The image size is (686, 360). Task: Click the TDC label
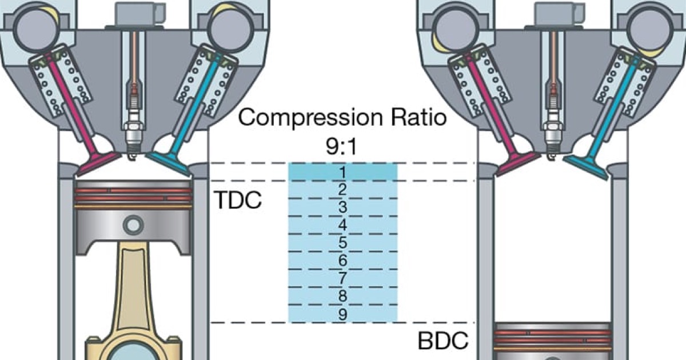(237, 201)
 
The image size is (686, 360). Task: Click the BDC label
(444, 341)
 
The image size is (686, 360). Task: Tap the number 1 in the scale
(342, 172)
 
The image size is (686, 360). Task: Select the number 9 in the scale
(342, 314)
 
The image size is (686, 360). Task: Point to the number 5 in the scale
(342, 243)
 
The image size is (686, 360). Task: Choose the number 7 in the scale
(342, 278)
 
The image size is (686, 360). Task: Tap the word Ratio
(417, 118)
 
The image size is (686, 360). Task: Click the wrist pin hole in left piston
(134, 225)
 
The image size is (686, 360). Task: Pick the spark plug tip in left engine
(133, 150)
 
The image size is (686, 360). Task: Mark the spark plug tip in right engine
(553, 150)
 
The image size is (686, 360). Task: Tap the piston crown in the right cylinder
(552, 327)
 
